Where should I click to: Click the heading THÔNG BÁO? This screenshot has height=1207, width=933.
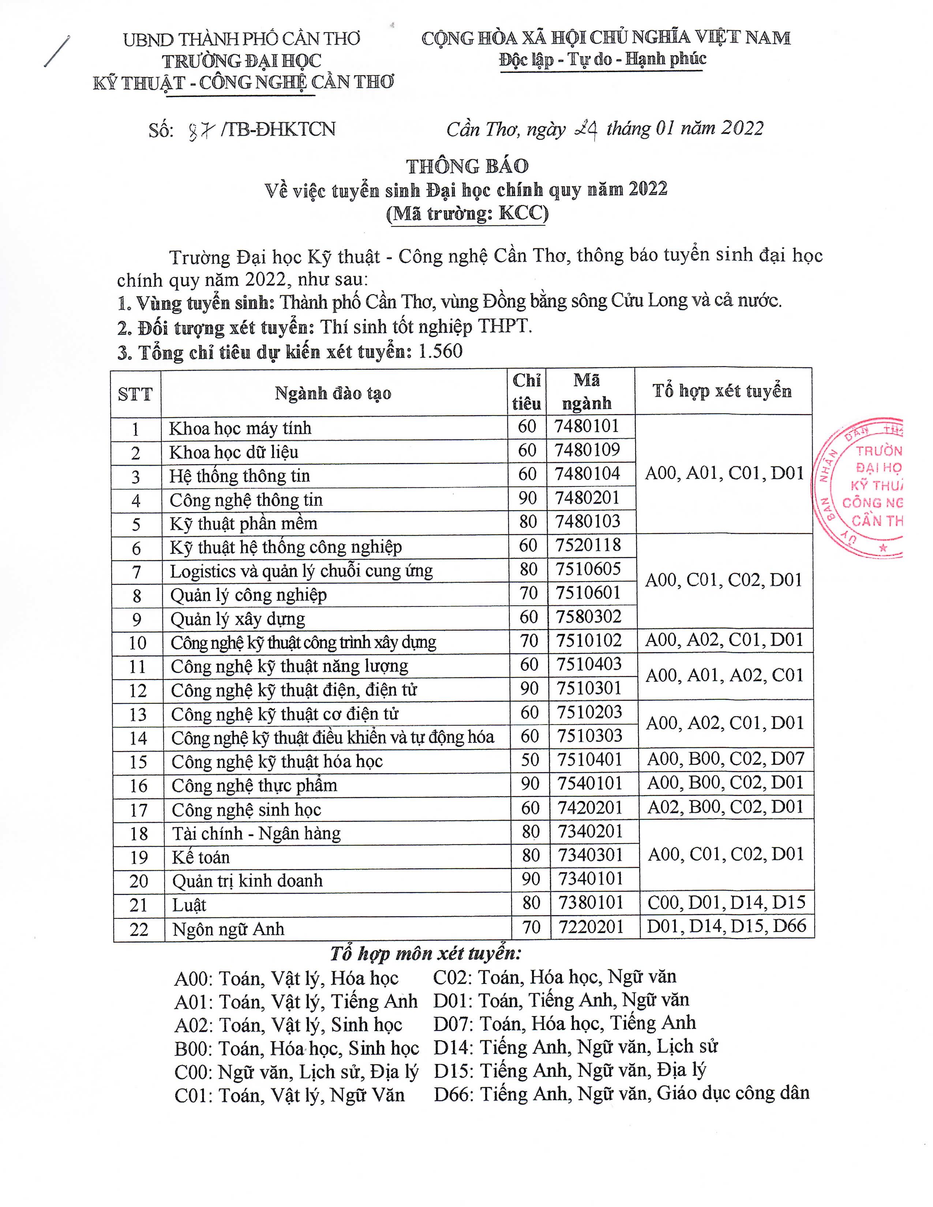click(x=467, y=166)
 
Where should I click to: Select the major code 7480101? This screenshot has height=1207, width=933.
click(x=587, y=426)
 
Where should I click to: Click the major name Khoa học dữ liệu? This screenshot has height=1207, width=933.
click(x=233, y=452)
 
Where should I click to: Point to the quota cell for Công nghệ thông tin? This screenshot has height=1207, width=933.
click(x=527, y=499)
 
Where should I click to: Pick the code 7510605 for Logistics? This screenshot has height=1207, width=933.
click(x=588, y=569)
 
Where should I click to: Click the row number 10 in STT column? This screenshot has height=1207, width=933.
click(x=137, y=643)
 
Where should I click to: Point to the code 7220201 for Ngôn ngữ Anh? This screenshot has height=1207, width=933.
click(x=590, y=927)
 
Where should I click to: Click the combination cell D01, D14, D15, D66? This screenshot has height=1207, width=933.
click(x=726, y=926)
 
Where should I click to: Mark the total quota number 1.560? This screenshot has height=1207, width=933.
click(x=441, y=351)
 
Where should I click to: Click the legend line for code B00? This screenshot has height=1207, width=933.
click(x=296, y=1048)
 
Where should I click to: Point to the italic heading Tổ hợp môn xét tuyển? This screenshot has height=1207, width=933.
click(x=426, y=953)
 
